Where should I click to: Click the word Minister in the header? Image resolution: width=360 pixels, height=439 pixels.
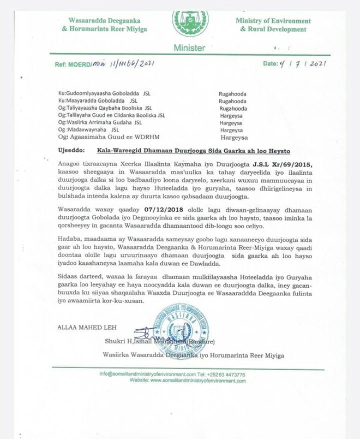point(189,48)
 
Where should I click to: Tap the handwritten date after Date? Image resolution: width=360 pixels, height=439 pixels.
point(303,64)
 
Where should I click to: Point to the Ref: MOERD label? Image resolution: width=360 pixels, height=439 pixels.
point(74,65)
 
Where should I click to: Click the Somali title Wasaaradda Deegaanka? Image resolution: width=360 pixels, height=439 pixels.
point(99,21)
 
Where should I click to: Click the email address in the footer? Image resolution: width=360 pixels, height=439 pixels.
point(147,375)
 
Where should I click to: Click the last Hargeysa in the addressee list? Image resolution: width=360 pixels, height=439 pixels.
point(233,138)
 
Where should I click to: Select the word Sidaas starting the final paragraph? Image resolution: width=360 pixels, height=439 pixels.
point(70,278)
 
